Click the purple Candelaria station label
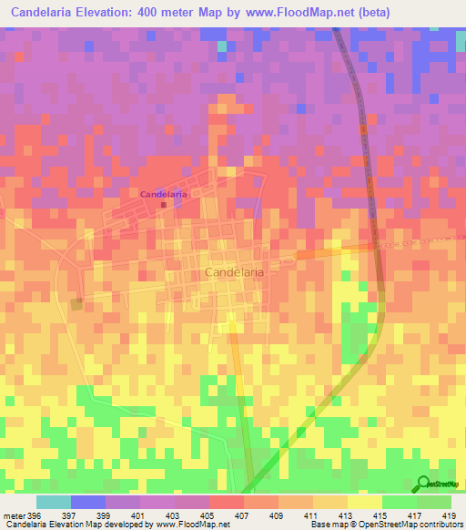163,194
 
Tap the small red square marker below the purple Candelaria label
164,205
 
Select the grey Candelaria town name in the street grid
235,272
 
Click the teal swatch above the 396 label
53,502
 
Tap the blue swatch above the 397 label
87,502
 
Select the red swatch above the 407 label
226,502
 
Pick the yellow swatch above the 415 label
364,502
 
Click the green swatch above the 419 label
433,502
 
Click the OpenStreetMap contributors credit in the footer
419,525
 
